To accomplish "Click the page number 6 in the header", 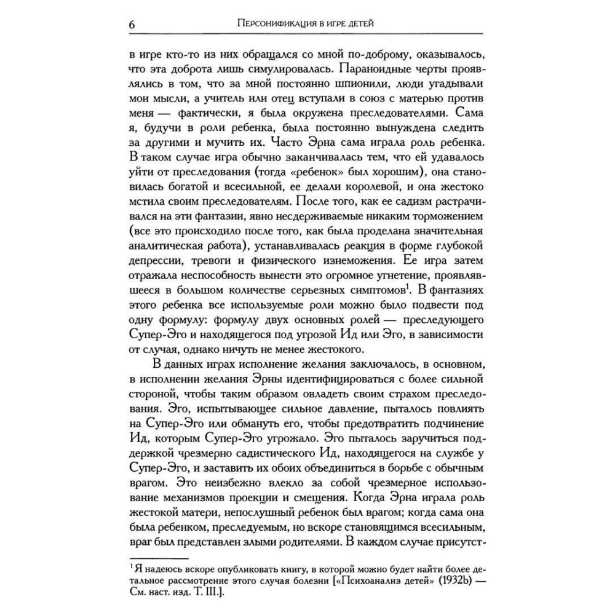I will click(x=132, y=25).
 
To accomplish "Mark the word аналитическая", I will click(x=172, y=247).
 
